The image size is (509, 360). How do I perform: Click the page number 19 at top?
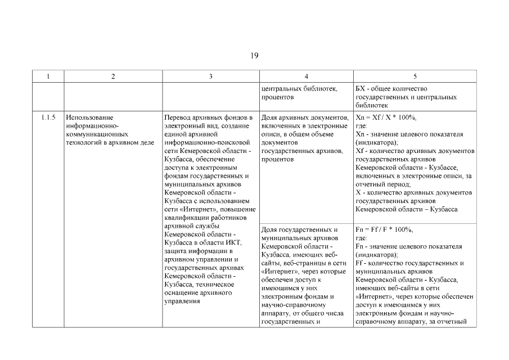[254, 55]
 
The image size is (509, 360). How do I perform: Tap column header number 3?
[210, 76]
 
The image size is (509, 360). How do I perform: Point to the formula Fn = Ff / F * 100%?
[385, 229]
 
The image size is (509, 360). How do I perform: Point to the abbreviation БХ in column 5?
[361, 89]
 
